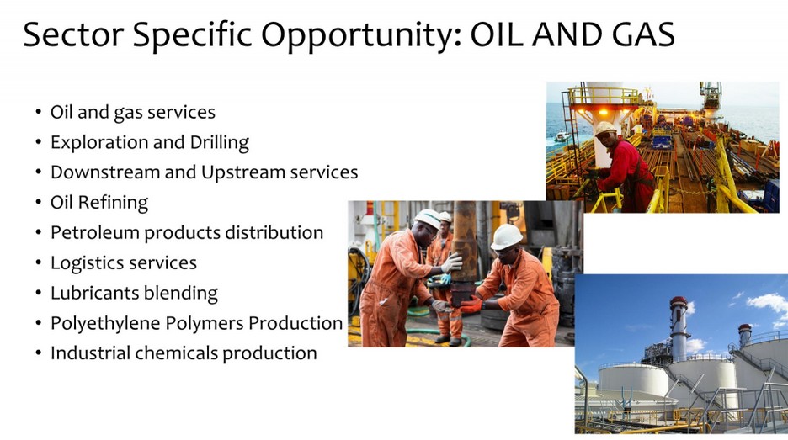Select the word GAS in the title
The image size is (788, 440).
(644, 34)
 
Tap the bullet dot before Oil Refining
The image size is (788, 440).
(39, 203)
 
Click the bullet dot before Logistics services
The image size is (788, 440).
(39, 262)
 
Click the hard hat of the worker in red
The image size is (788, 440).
(605, 128)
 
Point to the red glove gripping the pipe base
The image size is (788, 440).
(471, 304)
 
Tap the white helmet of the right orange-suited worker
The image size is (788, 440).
(507, 236)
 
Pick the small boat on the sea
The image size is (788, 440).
(561, 136)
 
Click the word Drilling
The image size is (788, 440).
(219, 143)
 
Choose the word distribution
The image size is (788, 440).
(274, 232)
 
